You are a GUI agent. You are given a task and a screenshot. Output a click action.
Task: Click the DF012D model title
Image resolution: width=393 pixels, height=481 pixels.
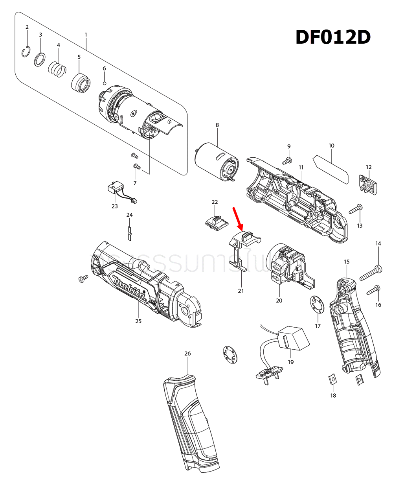click(x=333, y=37)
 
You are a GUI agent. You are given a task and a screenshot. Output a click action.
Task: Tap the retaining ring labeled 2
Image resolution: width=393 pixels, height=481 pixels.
click(x=26, y=52)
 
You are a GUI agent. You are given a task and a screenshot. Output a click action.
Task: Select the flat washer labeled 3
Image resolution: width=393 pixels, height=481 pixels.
click(x=40, y=60)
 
